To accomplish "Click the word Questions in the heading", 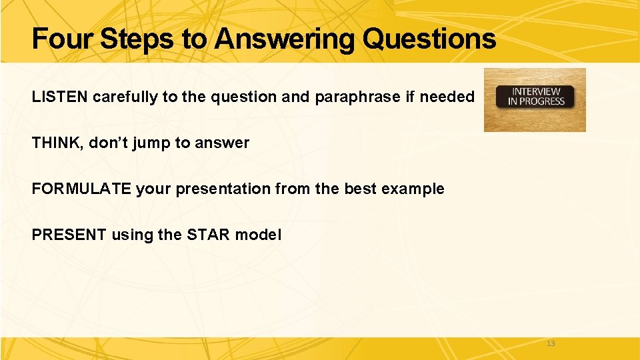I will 429,39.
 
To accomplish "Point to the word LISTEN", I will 60,97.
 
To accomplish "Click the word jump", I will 153,143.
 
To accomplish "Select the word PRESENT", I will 69,235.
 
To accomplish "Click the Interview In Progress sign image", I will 534,99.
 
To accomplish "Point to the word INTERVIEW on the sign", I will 535,91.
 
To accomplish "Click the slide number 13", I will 550,343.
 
